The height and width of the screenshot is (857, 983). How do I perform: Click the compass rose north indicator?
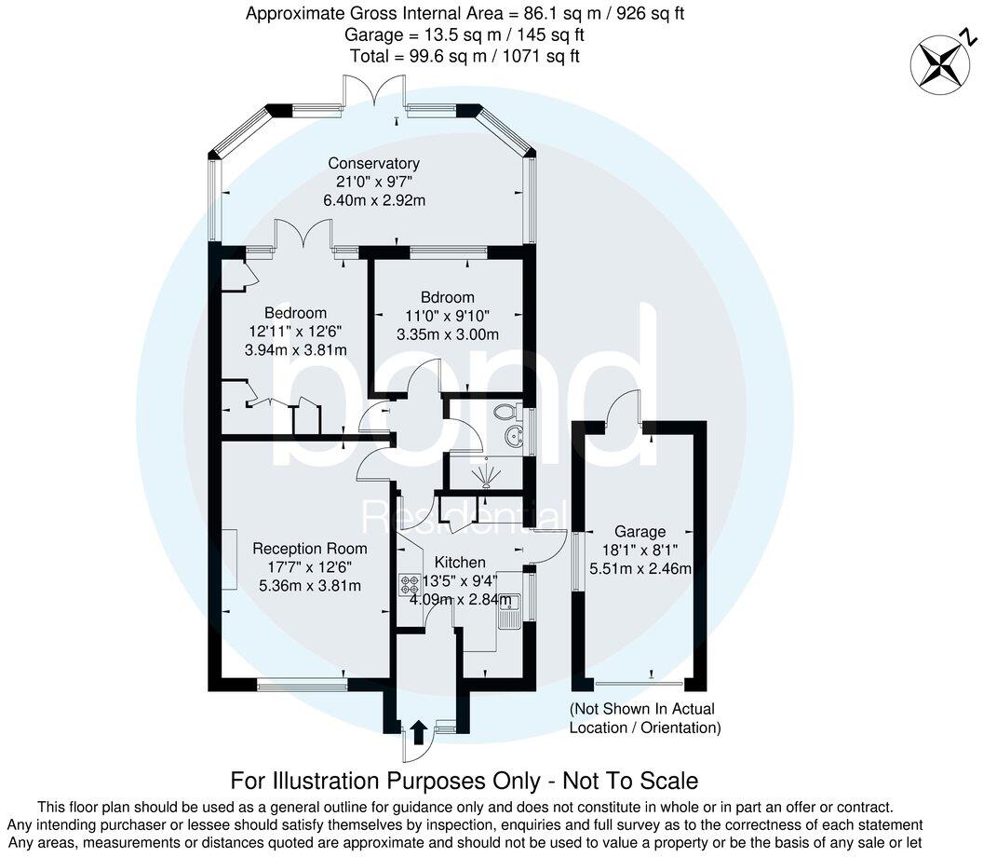[x=942, y=61]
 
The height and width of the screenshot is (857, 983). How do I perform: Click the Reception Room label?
[x=309, y=549]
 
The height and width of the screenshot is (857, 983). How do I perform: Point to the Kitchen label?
[x=460, y=563]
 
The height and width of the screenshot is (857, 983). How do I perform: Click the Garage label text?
[x=640, y=532]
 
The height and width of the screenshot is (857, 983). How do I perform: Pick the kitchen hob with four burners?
[x=410, y=585]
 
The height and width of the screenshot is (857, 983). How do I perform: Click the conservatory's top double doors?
[x=371, y=93]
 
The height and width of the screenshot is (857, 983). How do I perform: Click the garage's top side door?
[x=622, y=407]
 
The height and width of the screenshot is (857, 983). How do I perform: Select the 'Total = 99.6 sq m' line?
[x=465, y=56]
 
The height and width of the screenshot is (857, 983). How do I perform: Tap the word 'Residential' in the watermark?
[x=463, y=515]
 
